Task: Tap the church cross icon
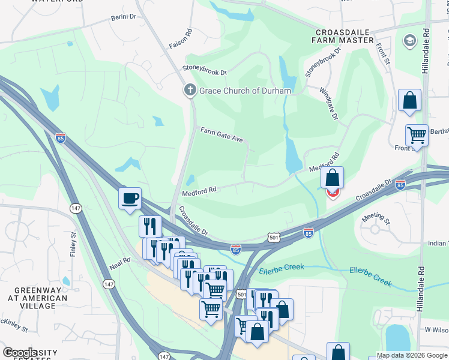pos(190,90)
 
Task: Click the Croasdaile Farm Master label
pos(346,35)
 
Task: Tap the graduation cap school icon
pos(411,40)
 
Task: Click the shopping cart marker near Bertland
pos(416,136)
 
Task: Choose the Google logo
pos(20,353)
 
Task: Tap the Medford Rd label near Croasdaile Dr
pos(199,191)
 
